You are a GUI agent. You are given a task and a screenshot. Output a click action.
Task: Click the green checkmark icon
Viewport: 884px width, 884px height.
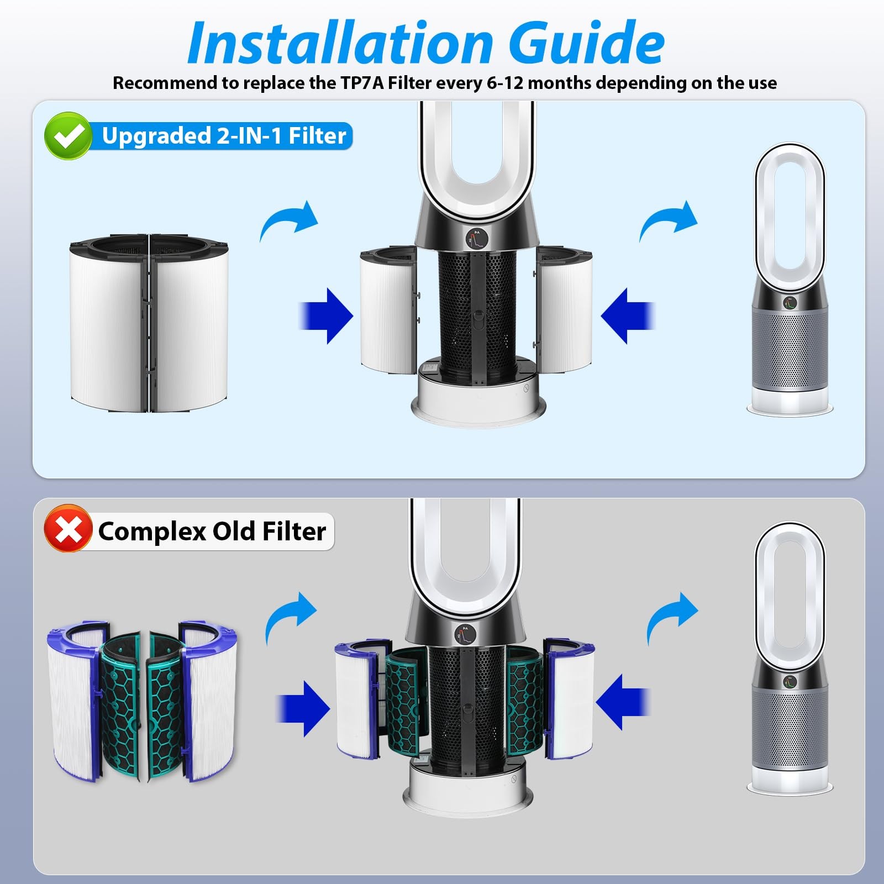click(69, 136)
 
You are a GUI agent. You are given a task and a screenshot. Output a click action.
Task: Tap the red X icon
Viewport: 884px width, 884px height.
click(68, 528)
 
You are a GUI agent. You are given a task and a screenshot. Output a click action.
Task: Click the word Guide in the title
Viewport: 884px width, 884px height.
click(586, 43)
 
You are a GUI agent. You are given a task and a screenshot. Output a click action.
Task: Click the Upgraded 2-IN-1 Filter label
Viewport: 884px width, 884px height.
click(224, 136)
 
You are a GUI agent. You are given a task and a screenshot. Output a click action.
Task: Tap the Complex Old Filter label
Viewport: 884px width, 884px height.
click(212, 532)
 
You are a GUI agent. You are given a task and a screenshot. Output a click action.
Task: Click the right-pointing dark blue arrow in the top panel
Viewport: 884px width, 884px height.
click(325, 316)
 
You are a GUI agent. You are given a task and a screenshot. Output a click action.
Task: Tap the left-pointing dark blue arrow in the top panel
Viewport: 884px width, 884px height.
click(628, 316)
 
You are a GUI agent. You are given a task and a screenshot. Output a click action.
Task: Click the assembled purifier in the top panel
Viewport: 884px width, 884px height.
click(790, 279)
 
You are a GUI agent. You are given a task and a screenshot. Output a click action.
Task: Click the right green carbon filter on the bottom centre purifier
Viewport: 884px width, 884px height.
click(525, 701)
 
